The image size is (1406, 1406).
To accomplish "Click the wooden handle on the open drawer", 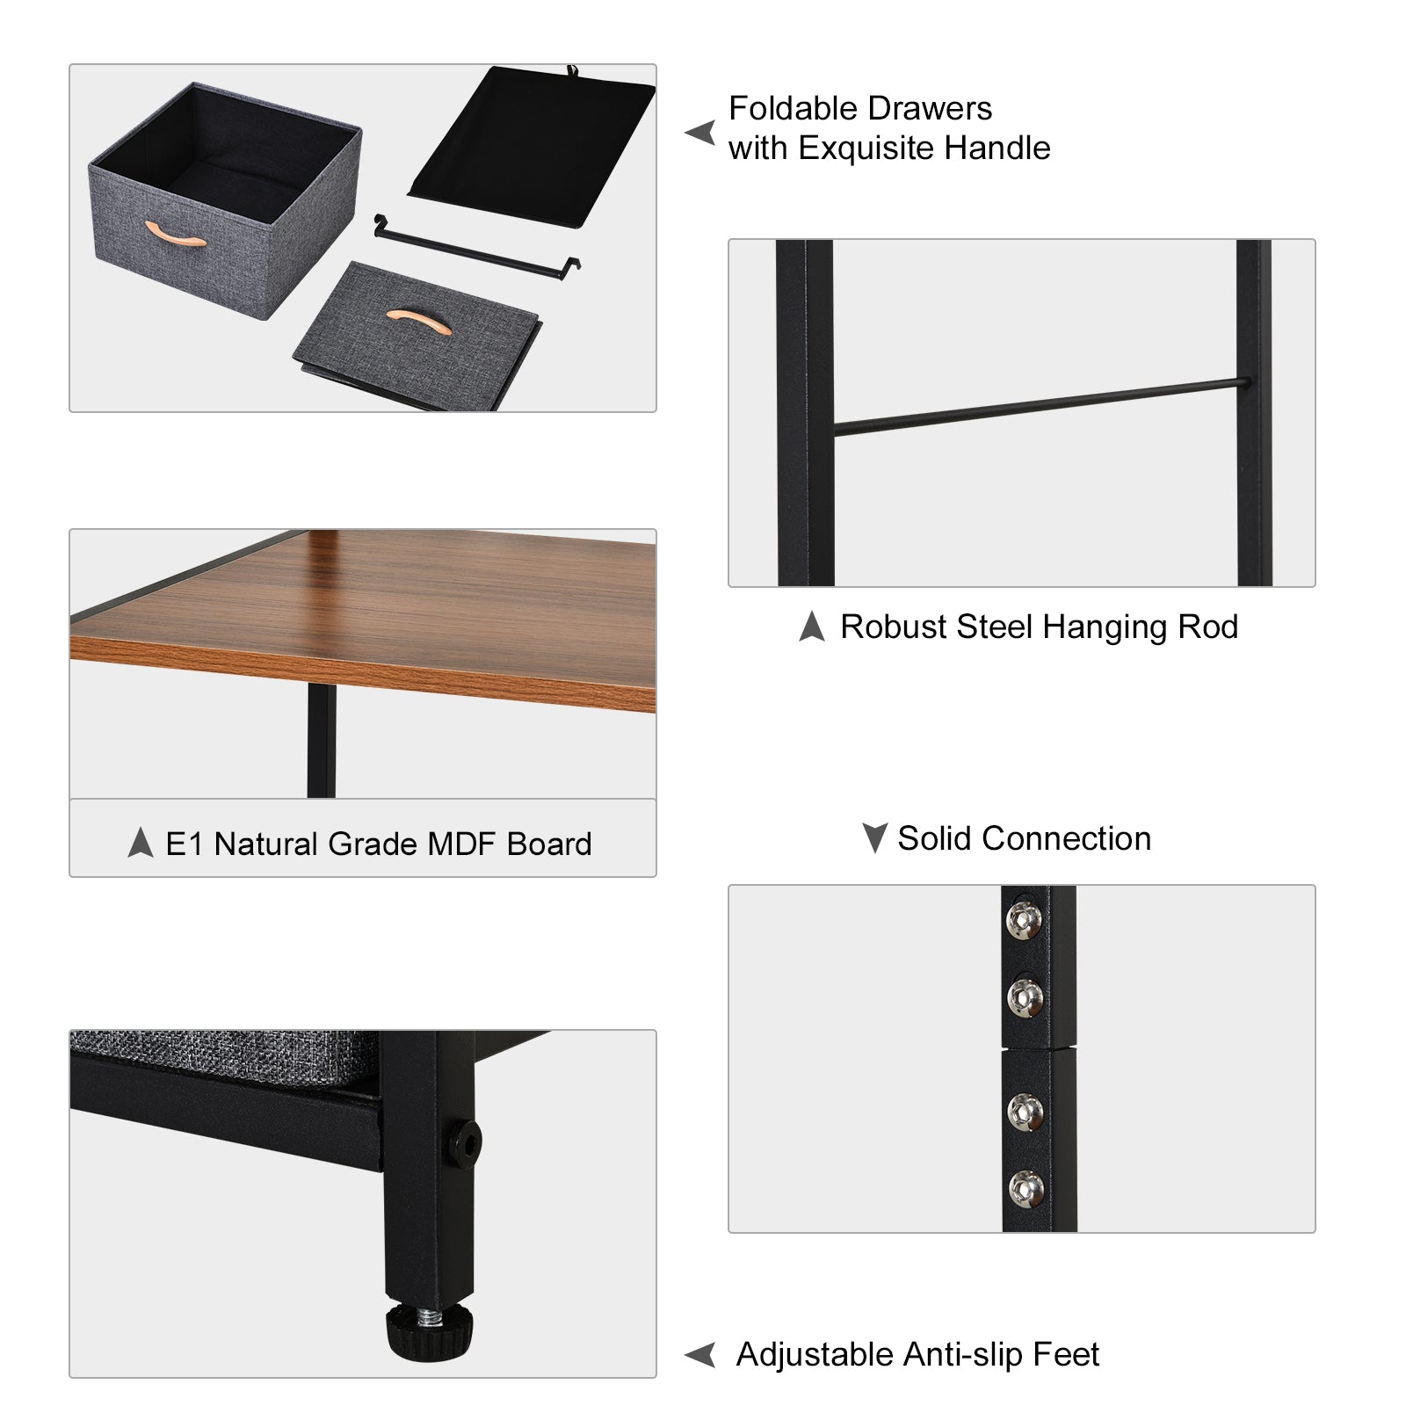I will click(175, 235).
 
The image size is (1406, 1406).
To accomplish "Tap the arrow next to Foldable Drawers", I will click(700, 133).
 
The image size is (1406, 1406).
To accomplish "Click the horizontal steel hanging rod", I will click(1037, 407).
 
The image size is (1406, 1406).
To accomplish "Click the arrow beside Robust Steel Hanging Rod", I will click(812, 627).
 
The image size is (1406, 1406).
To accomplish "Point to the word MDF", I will click(462, 844).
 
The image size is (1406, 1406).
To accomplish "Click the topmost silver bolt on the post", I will click(1024, 920).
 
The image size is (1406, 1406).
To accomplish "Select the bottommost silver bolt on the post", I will click(1026, 1188).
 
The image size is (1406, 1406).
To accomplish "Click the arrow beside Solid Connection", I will click(874, 837).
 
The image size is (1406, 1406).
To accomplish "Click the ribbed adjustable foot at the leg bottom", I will click(429, 1331).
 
